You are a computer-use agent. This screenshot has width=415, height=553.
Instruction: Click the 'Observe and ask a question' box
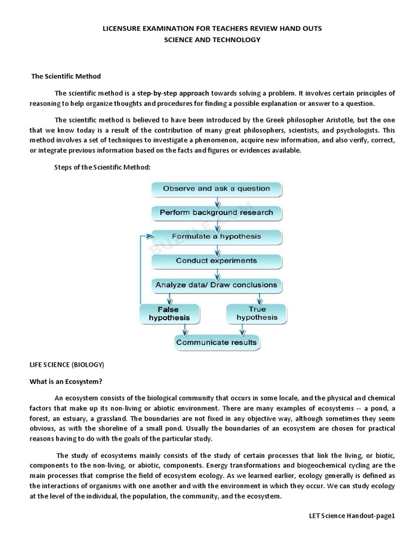point(216,189)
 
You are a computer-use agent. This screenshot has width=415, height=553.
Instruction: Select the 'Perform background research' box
point(216,212)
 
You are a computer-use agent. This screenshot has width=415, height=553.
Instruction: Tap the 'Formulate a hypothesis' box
point(216,237)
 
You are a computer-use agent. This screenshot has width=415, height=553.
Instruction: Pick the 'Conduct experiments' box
point(216,260)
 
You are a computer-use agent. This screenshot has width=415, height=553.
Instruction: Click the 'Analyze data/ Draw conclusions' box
point(216,285)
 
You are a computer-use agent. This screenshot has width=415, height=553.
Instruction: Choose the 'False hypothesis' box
point(169,314)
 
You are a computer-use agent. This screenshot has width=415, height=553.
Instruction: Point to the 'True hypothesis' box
point(257,313)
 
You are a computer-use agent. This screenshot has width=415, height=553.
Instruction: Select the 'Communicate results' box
point(216,342)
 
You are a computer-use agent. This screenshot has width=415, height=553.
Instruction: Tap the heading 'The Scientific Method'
point(66,76)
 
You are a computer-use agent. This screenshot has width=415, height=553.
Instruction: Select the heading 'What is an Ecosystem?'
point(65,382)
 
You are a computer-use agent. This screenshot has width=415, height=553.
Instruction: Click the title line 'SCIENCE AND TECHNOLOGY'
point(212,39)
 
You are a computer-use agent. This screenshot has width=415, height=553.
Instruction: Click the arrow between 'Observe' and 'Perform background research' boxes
point(217,201)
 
